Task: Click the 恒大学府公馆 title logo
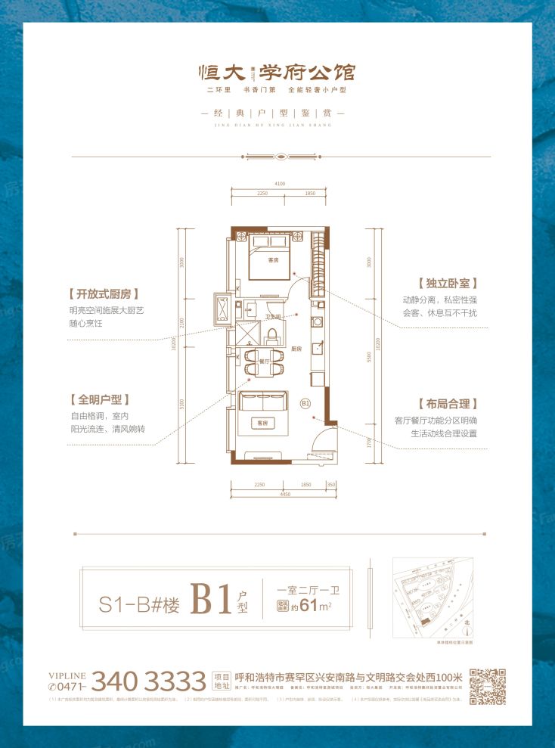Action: [x=277, y=73]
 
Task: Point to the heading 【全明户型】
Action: [x=99, y=399]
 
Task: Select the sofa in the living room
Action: [x=262, y=411]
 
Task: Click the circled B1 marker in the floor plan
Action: [x=306, y=403]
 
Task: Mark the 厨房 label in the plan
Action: [x=297, y=349]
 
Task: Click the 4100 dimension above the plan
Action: [x=280, y=184]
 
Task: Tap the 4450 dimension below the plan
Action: [x=284, y=494]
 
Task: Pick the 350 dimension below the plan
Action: [x=330, y=483]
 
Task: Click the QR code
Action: [x=487, y=686]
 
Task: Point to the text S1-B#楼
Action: [x=140, y=605]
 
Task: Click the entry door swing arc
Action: [x=324, y=439]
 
